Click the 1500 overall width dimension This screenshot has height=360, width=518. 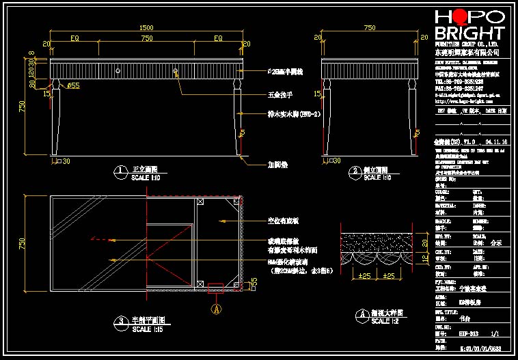[x=146, y=28]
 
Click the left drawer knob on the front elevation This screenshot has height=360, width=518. [x=118, y=69]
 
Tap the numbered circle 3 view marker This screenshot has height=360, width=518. [x=120, y=321]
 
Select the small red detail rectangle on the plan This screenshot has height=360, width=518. [x=216, y=288]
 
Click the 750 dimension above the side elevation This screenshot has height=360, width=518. [x=370, y=28]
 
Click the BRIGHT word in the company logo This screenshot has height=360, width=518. [x=469, y=33]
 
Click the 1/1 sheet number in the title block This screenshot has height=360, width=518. [x=495, y=333]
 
